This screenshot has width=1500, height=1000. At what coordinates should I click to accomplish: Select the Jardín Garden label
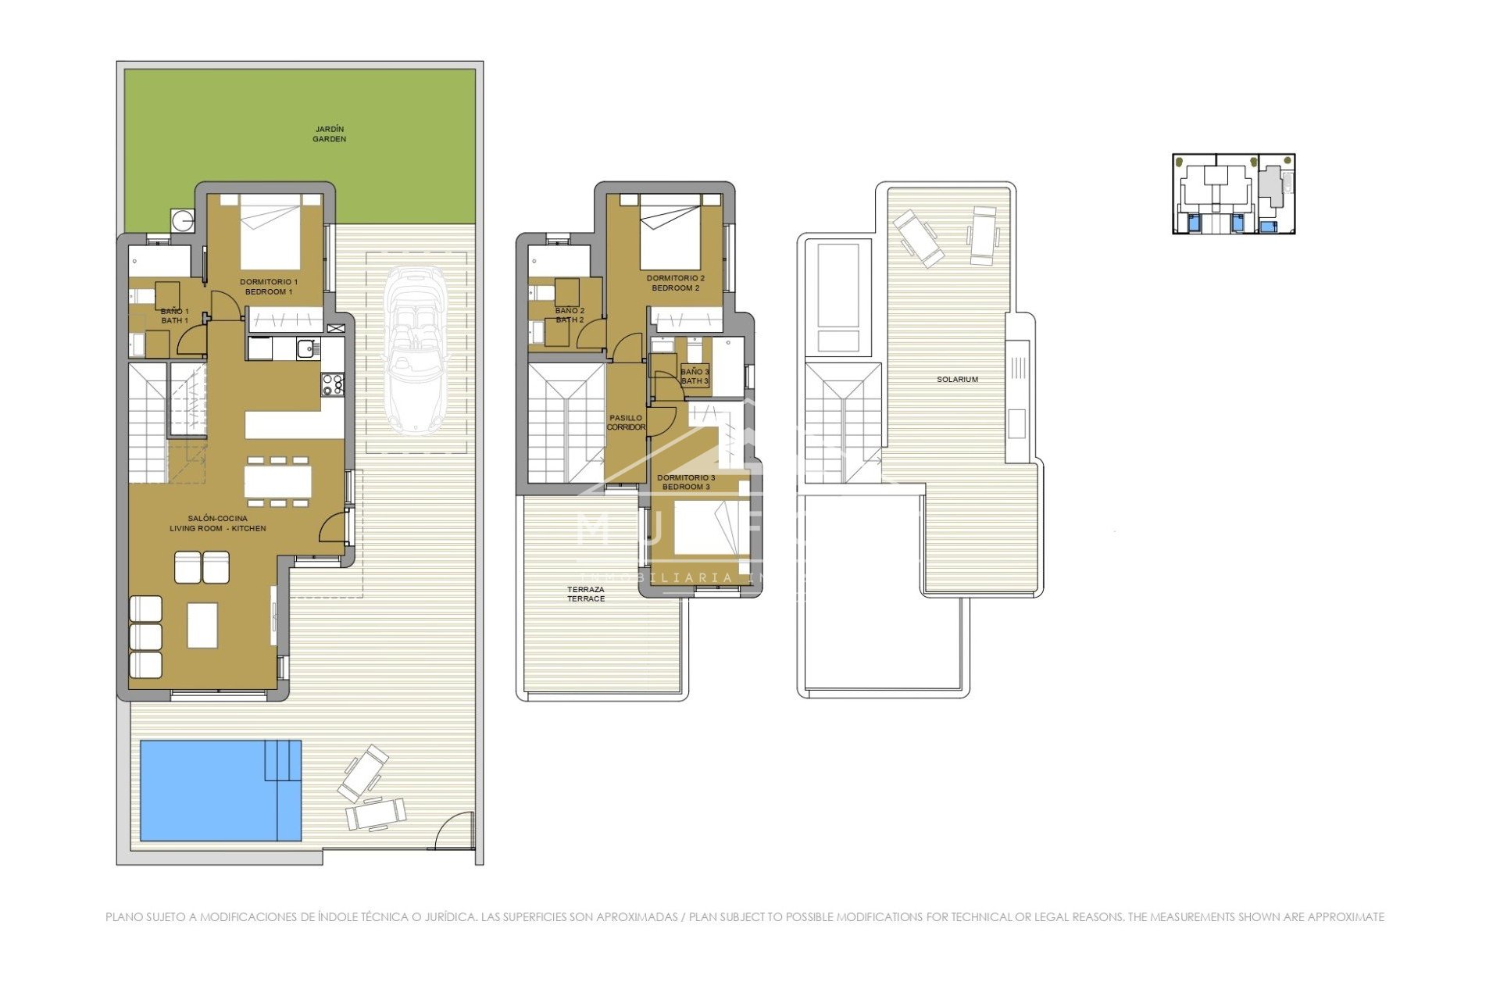point(329,134)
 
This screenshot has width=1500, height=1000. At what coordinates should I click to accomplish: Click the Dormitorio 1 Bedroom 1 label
point(269,287)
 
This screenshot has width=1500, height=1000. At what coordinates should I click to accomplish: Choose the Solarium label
point(957,380)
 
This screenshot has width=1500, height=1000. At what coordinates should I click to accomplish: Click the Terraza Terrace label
point(586,594)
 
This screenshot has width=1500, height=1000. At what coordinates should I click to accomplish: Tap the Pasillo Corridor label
point(626,423)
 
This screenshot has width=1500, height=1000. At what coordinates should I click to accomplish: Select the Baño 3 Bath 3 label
point(695,376)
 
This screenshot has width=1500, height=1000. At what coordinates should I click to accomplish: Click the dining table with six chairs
point(278,480)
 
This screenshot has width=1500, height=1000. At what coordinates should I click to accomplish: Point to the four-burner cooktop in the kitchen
point(333,384)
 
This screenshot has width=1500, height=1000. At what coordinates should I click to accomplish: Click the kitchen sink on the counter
point(305,348)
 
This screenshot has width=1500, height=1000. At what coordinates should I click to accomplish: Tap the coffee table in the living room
point(202,625)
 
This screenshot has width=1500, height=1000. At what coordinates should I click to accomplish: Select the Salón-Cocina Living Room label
point(218,523)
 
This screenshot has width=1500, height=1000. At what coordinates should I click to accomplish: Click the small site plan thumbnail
point(1234,194)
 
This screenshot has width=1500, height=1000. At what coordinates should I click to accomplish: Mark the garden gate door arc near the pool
point(454,830)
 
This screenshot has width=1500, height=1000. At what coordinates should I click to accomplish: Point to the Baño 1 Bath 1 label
point(174,316)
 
